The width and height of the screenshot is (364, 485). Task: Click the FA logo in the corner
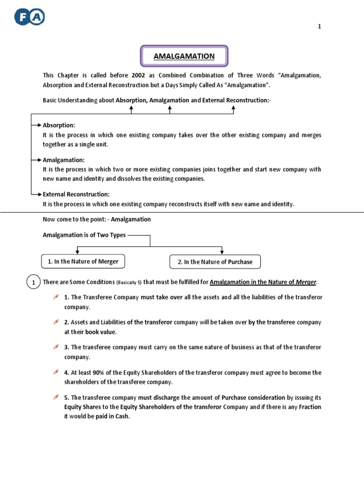click(29, 18)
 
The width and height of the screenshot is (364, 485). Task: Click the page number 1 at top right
click(319, 27)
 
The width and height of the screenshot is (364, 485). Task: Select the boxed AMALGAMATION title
click(184, 56)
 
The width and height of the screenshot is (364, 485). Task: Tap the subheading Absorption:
click(59, 126)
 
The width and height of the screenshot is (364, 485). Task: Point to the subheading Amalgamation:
click(64, 160)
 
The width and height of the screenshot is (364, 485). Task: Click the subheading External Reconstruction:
click(76, 194)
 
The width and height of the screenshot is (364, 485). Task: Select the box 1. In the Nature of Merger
click(83, 261)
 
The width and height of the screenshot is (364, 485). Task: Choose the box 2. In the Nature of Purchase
click(215, 262)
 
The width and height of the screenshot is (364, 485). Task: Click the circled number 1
click(33, 283)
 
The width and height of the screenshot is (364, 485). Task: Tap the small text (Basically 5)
click(129, 283)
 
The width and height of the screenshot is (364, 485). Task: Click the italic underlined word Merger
click(306, 282)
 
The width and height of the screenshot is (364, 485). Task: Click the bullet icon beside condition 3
click(56, 347)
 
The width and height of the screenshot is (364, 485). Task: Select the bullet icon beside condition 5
click(56, 397)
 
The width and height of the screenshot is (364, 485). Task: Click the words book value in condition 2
click(100, 332)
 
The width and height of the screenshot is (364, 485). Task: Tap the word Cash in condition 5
click(121, 416)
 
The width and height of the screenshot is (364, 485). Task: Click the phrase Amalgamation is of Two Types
click(84, 235)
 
